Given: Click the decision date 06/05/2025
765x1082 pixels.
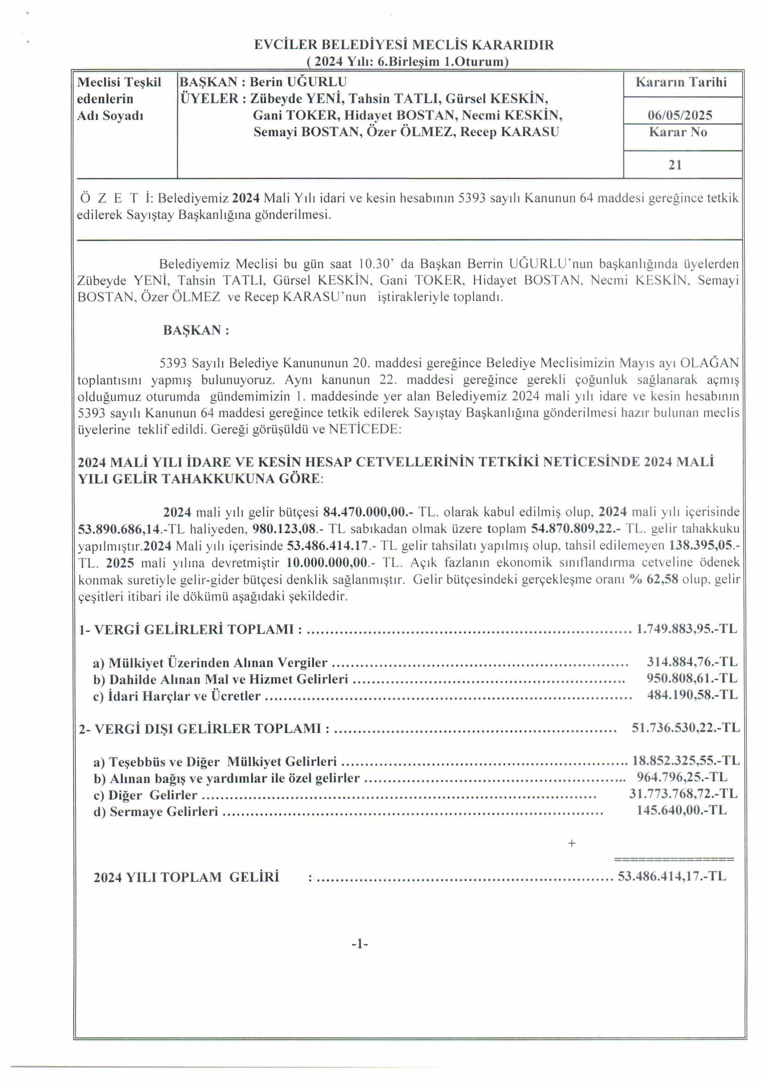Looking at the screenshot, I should pyautogui.click(x=679, y=115).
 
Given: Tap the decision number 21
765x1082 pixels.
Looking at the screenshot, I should pyautogui.click(x=675, y=164).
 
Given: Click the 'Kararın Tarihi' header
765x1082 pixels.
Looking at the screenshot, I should pyautogui.click(x=681, y=82).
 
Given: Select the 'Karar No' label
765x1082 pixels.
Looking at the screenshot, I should pyautogui.click(x=678, y=132).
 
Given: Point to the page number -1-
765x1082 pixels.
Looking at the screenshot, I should pyautogui.click(x=359, y=944).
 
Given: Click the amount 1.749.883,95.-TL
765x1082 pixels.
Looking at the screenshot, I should pyautogui.click(x=686, y=628).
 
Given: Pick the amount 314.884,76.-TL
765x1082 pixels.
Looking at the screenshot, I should pyautogui.click(x=691, y=662).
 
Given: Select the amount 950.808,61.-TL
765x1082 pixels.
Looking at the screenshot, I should pyautogui.click(x=691, y=678).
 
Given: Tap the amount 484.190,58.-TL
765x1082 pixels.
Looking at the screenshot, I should pyautogui.click(x=691, y=695).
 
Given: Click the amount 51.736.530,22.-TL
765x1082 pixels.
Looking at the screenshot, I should pyautogui.click(x=685, y=728).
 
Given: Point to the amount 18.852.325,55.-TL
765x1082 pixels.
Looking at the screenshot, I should pyautogui.click(x=685, y=760).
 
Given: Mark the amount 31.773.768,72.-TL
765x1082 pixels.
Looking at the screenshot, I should pyautogui.click(x=683, y=794).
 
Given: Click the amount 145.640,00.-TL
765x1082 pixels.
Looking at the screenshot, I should pyautogui.click(x=681, y=810).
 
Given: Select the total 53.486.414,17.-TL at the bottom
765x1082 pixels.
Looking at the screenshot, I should pyautogui.click(x=672, y=876).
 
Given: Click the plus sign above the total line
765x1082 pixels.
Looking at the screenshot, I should pyautogui.click(x=571, y=844).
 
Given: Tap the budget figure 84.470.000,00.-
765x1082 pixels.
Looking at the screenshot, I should pyautogui.click(x=368, y=512).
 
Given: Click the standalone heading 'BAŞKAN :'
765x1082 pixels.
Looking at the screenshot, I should pyautogui.click(x=196, y=330).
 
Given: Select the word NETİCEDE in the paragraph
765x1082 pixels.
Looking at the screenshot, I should pyautogui.click(x=364, y=429).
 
